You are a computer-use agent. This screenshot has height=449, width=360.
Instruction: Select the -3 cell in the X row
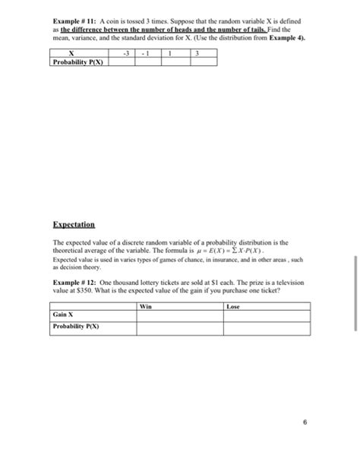point(126,53)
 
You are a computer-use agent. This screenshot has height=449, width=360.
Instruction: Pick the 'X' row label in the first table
point(70,53)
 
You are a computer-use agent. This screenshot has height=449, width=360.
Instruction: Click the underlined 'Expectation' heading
point(74,226)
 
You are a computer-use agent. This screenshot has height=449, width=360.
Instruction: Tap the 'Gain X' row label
point(63,315)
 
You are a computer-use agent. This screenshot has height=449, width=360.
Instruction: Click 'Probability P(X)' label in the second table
point(76,327)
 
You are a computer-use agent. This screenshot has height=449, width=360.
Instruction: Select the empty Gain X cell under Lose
point(267,315)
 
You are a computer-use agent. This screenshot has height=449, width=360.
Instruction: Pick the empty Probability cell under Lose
point(267,327)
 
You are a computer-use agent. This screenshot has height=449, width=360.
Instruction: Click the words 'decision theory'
point(72,265)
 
